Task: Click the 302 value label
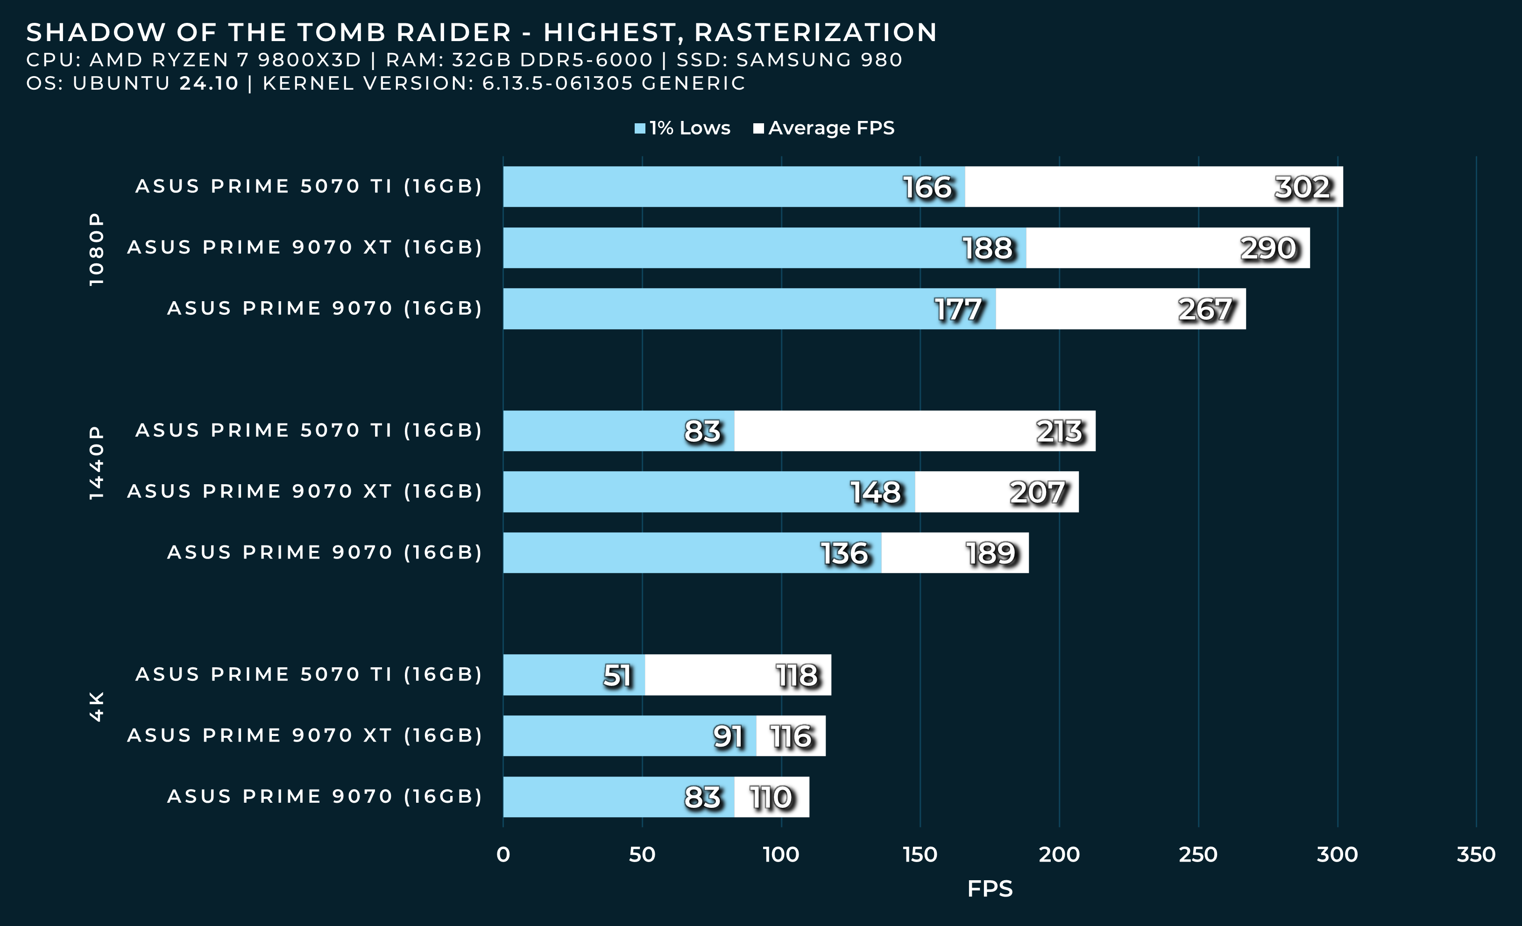coord(1302,187)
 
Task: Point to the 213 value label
coord(1059,431)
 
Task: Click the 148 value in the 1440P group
coord(876,492)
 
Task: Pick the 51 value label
coord(617,675)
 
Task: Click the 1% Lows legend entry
coord(683,128)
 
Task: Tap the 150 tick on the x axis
coord(920,855)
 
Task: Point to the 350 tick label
coord(1476,855)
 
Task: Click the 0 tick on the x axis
coord(503,855)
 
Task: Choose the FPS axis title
coord(990,888)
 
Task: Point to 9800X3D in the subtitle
coord(309,60)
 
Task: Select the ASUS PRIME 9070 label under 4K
coord(324,796)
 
